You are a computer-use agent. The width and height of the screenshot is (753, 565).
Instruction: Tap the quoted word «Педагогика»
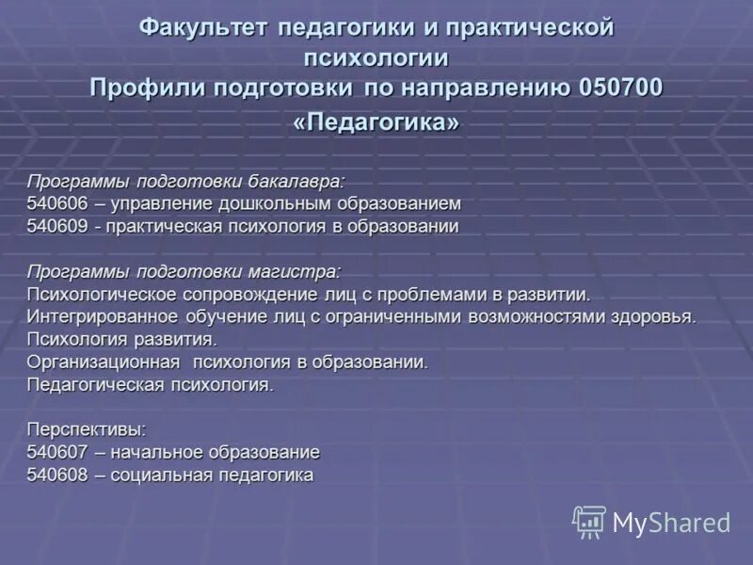(376, 123)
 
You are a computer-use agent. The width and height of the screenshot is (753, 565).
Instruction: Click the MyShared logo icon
(589, 521)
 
